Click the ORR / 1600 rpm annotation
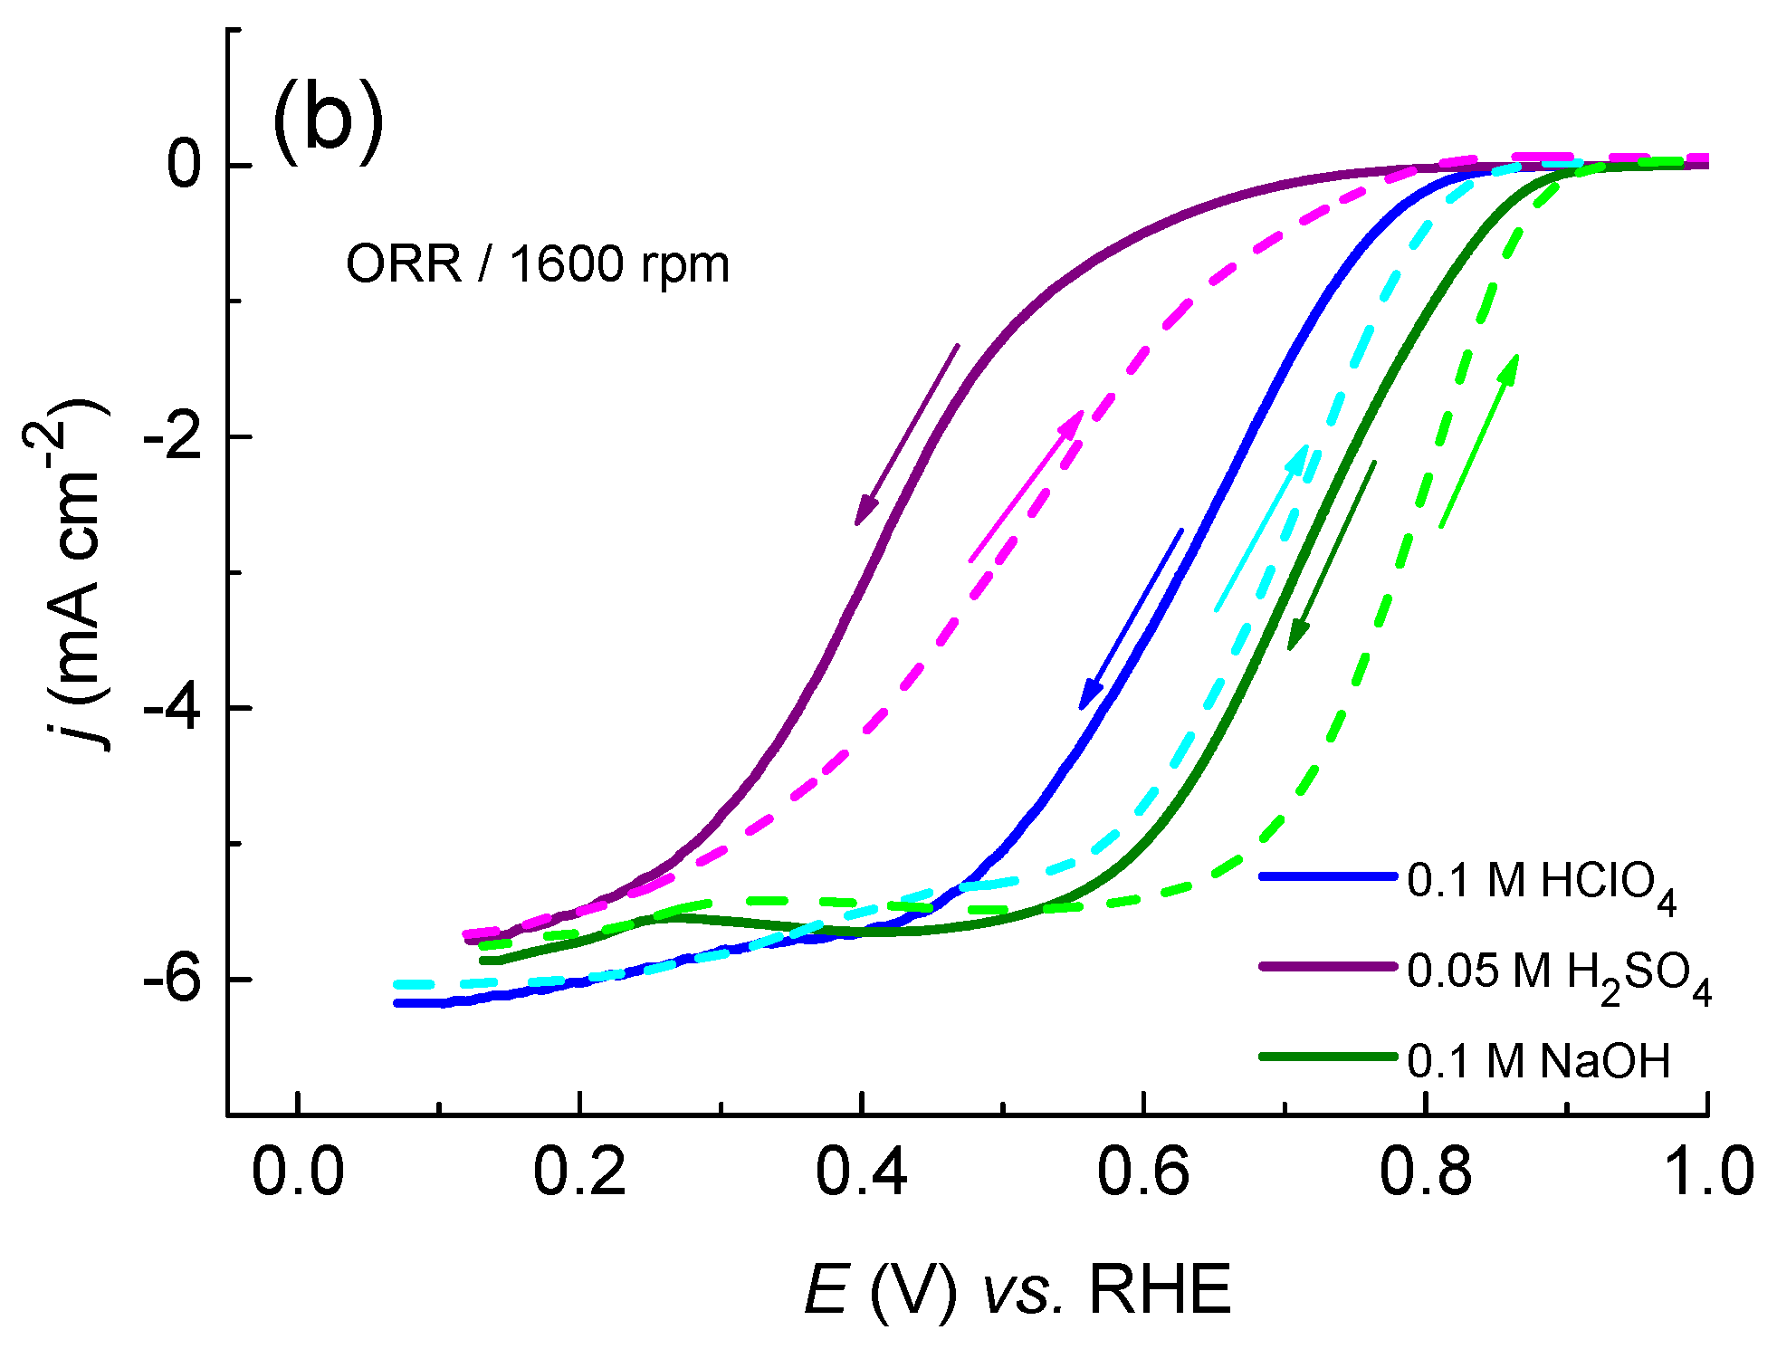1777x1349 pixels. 538,265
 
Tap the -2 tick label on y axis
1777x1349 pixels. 172,436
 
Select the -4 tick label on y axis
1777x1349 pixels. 172,707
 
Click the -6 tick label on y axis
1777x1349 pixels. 172,979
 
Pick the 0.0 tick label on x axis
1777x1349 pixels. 298,1172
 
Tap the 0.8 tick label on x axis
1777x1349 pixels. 1425,1172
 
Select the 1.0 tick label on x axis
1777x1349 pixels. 1706,1172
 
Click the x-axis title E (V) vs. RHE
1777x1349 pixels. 1017,1289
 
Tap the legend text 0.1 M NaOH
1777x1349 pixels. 1538,1061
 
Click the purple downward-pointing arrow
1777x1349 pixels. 906,435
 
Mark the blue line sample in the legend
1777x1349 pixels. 1327,876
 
